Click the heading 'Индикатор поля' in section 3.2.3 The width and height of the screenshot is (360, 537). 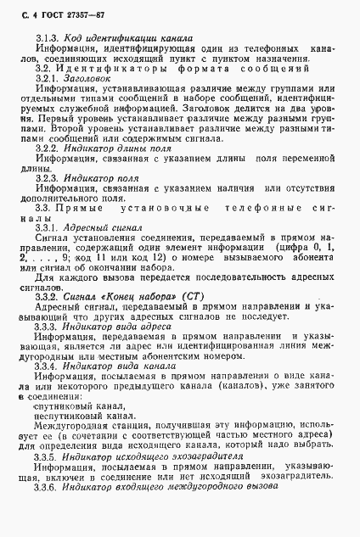(99, 179)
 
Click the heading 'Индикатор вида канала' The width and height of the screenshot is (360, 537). (114, 389)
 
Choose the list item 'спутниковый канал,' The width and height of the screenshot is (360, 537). (76, 430)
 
